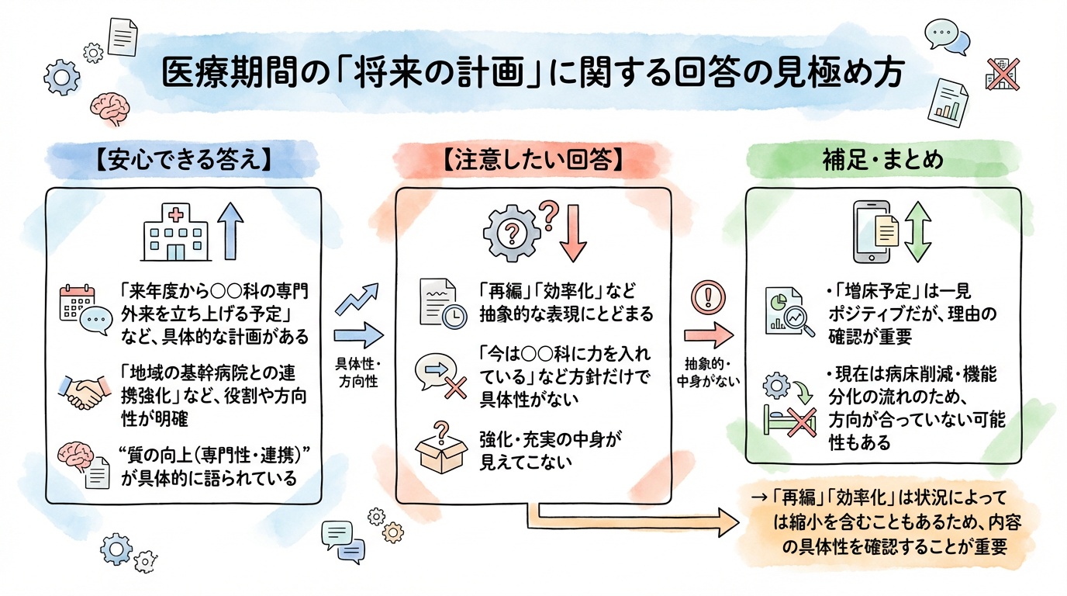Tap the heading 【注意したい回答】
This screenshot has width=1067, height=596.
533,161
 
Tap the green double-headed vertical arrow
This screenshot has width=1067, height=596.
917,232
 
